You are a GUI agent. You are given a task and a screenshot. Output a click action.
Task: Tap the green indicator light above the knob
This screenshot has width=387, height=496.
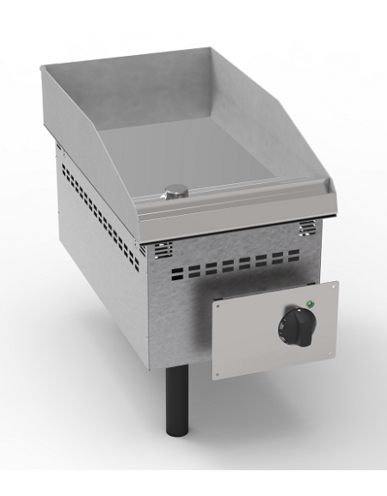[309, 303]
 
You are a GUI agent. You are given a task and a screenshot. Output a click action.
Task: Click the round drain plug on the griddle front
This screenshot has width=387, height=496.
[176, 191]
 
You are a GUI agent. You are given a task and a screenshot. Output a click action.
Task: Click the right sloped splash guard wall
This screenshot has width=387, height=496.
[284, 138]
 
